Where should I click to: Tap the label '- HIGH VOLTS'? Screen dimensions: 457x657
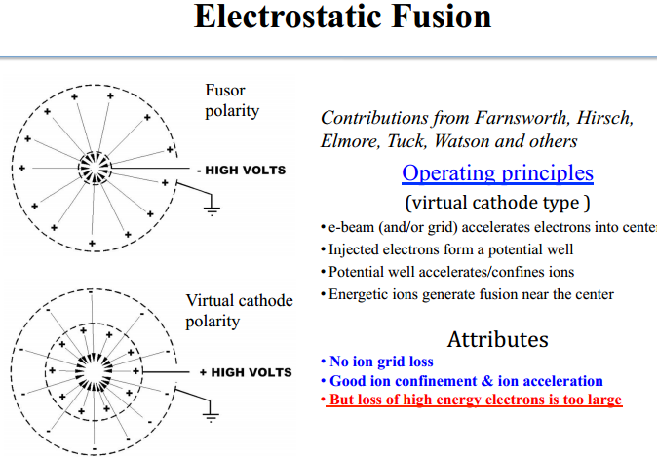pyautogui.click(x=241, y=171)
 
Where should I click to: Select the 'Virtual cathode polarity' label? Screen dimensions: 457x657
pyautogui.click(x=239, y=310)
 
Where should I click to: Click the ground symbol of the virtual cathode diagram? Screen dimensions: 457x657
pyautogui.click(x=210, y=416)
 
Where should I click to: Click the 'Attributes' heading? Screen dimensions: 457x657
pyautogui.click(x=497, y=339)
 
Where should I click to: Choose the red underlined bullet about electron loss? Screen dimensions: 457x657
pyautogui.click(x=474, y=400)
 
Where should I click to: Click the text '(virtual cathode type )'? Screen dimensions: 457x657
pyautogui.click(x=498, y=204)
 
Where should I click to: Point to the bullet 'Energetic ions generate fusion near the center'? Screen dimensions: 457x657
pyautogui.click(x=471, y=294)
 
